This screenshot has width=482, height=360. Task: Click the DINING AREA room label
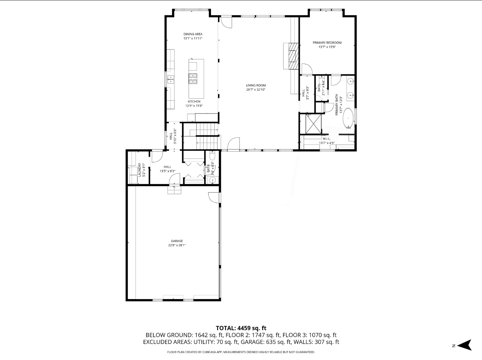click(x=193, y=34)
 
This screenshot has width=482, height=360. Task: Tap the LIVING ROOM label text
click(x=256, y=85)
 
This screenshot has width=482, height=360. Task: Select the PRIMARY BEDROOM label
click(x=327, y=43)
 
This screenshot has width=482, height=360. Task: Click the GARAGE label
click(x=177, y=241)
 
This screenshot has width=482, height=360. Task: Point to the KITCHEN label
click(x=194, y=101)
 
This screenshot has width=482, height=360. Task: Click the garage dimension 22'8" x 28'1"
click(x=177, y=245)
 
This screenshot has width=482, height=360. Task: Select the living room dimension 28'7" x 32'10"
click(x=256, y=90)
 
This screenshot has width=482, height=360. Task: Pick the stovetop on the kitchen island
click(x=193, y=78)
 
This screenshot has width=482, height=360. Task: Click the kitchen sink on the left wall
click(x=171, y=80)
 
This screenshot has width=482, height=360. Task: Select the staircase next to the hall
click(x=206, y=136)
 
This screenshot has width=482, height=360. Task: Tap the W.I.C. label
click(x=327, y=139)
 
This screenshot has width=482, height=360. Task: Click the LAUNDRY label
click(x=140, y=170)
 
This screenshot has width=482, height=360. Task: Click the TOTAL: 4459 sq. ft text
click(x=241, y=328)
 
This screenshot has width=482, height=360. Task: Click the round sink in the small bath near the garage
click(x=212, y=181)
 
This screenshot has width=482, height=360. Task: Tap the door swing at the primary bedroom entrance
click(x=306, y=69)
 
